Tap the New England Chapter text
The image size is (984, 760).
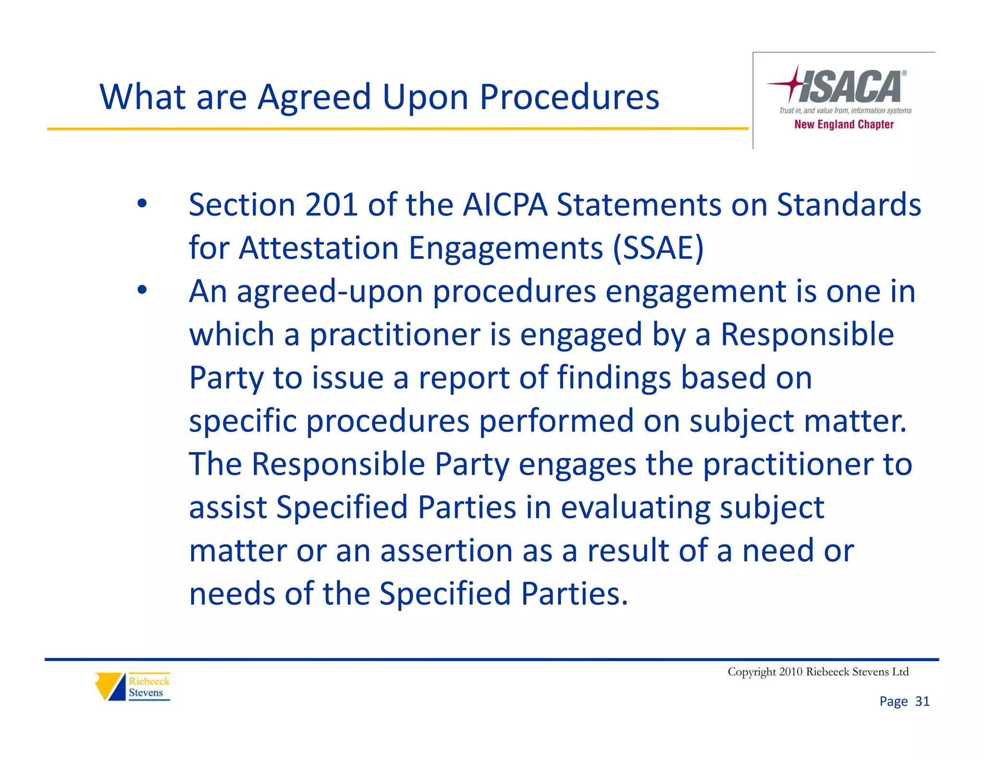pyautogui.click(x=844, y=124)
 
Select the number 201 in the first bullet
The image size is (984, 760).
pyautogui.click(x=331, y=205)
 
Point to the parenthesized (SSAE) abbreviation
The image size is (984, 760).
pyautogui.click(x=658, y=248)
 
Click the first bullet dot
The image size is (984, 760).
pyautogui.click(x=142, y=204)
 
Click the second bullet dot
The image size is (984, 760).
pyautogui.click(x=142, y=290)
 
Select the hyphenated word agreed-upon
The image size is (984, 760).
pyautogui.click(x=330, y=292)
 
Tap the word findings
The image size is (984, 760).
pyautogui.click(x=614, y=378)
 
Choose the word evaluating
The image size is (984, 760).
pyautogui.click(x=635, y=508)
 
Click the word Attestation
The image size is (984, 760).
pyautogui.click(x=319, y=248)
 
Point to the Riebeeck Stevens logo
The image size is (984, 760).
pyautogui.click(x=133, y=686)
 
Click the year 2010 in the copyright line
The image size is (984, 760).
pyautogui.click(x=791, y=672)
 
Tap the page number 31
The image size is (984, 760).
pyautogui.click(x=922, y=701)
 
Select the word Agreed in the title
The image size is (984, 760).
pyautogui.click(x=314, y=98)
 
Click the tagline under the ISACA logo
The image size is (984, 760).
pyautogui.click(x=845, y=110)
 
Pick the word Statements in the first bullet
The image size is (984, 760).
pyautogui.click(x=639, y=205)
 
